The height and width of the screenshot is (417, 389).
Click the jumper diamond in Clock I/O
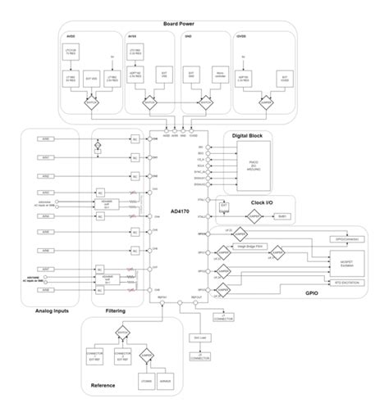click(254, 216)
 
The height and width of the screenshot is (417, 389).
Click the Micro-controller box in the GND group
click(219, 79)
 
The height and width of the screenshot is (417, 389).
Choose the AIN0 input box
click(45, 139)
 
